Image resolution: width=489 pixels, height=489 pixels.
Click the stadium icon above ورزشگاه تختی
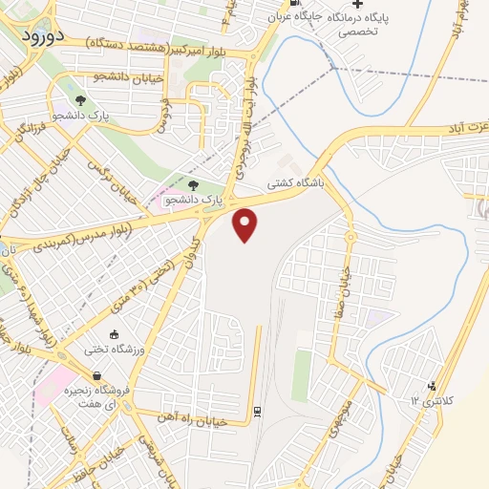tap(116, 334)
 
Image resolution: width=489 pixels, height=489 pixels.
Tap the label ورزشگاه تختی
tap(115, 350)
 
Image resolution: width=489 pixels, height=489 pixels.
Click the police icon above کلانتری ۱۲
tap(432, 385)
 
